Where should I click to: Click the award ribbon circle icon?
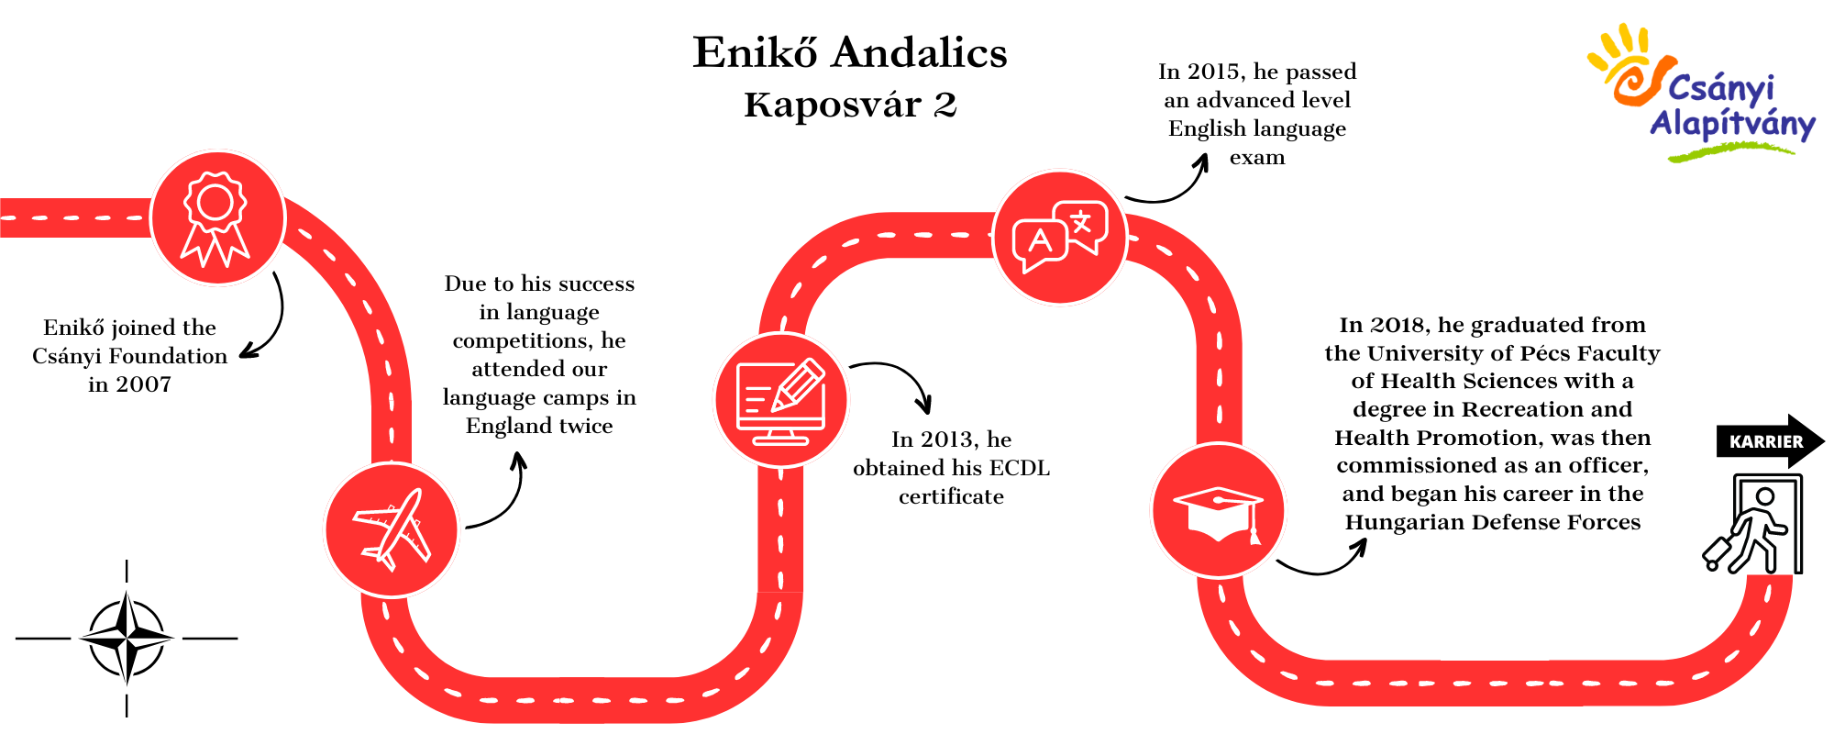[217, 218]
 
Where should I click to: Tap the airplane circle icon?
[392, 530]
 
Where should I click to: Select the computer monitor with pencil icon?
[781, 400]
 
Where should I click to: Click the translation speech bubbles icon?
[1060, 237]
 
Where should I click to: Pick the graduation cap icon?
[1219, 510]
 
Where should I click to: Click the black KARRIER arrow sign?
[1770, 441]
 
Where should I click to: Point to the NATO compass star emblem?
[127, 638]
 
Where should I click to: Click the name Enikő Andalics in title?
[850, 52]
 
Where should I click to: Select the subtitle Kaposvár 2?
[850, 105]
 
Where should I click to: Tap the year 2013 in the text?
[948, 439]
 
